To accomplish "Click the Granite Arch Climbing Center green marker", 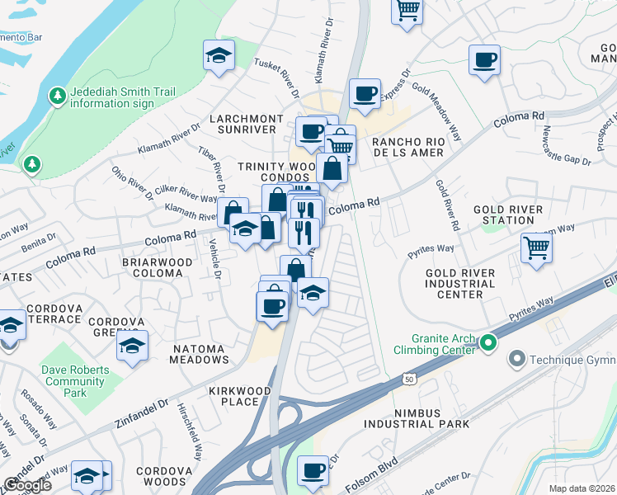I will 487,342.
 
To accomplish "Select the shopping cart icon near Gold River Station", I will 536,247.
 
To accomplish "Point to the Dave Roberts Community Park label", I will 76,381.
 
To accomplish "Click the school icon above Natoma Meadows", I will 131,346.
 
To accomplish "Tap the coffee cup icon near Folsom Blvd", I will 313,470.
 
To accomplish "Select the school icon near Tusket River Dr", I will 219,55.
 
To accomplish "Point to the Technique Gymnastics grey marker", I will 517,358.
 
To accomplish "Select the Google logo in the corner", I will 27,484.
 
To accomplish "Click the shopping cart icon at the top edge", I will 407,10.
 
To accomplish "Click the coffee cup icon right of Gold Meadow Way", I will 484,59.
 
